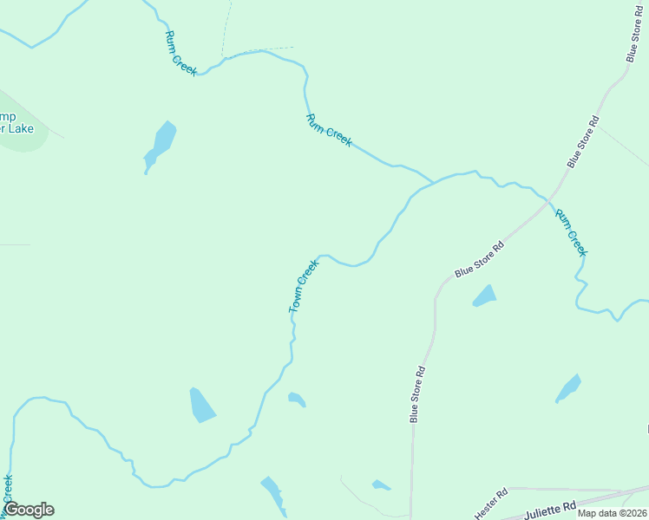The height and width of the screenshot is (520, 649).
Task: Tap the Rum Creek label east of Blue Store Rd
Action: click(x=572, y=232)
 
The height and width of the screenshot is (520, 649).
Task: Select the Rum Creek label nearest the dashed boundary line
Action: click(x=181, y=52)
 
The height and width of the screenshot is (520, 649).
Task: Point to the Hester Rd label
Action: click(x=489, y=500)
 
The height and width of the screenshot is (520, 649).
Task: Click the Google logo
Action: click(x=29, y=510)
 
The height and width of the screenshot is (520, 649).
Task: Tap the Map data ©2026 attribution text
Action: click(x=612, y=513)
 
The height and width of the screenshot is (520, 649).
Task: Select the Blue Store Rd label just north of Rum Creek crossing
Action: click(x=583, y=140)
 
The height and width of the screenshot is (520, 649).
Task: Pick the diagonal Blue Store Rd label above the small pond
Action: click(x=479, y=259)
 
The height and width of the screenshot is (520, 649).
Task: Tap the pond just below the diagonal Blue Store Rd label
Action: click(x=484, y=296)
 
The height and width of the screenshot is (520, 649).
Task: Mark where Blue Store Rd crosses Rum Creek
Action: click(x=548, y=198)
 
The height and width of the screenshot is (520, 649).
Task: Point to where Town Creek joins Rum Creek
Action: click(x=433, y=183)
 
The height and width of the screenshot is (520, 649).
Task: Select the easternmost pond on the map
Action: click(x=568, y=388)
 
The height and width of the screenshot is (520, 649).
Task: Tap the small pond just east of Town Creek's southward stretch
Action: click(x=297, y=399)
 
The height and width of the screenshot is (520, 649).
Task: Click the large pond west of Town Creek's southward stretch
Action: click(x=201, y=405)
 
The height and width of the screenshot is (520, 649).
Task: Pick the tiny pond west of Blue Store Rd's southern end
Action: click(x=381, y=484)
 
